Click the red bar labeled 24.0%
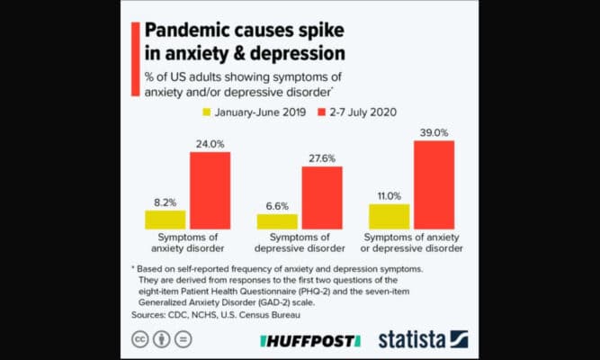click(x=210, y=190)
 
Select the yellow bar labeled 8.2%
click(x=166, y=220)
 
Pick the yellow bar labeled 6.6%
click(x=277, y=221)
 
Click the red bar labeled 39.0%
click(x=434, y=184)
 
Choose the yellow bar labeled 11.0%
click(x=390, y=216)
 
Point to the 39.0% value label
click(x=434, y=131)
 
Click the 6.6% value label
click(x=276, y=206)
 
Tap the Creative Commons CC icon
click(x=141, y=341)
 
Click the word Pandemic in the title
click(x=188, y=27)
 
